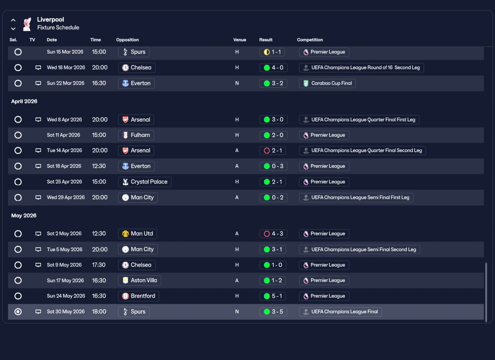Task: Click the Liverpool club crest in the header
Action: point(27,24)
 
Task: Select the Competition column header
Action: point(310,40)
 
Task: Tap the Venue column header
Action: point(239,40)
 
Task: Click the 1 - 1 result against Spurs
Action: point(272,52)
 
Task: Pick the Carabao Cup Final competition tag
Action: point(327,83)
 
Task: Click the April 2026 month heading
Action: point(24,101)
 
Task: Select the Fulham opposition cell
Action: point(136,135)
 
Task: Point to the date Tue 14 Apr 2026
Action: point(64,150)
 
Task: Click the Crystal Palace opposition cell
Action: point(145,182)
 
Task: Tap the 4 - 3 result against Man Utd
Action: point(273,234)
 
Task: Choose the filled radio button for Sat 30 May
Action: point(18,312)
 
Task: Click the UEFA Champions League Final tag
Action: point(340,312)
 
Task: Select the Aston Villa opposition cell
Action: point(140,280)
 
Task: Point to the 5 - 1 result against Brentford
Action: point(273,296)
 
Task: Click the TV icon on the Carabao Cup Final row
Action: point(38,83)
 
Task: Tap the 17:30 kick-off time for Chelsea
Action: point(99,265)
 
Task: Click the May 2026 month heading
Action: point(24,216)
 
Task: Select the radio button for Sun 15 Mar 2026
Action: point(18,52)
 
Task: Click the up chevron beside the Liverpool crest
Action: point(13,20)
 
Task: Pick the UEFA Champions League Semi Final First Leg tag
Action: point(356,197)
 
